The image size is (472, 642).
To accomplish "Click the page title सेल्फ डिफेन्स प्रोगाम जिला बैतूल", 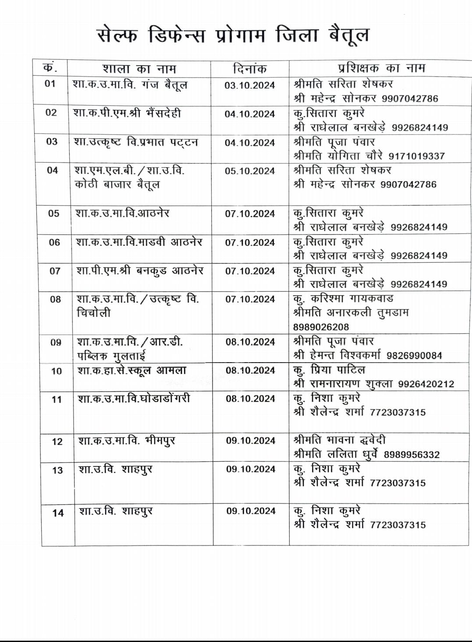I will point(232,35).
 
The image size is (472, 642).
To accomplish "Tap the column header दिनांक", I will point(249,69).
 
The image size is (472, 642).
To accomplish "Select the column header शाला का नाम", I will point(139,69).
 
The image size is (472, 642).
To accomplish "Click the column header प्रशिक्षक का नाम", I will point(381,68).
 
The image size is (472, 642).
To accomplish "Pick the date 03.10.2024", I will point(249,85).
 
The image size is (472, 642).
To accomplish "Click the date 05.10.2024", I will point(250,171).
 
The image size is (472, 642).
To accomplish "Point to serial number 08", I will point(55,300).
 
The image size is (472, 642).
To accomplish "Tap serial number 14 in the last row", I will point(58,513).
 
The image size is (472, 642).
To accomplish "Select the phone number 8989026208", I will point(321,327).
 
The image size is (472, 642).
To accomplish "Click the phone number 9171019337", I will point(416,156).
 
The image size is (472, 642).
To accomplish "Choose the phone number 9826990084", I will point(414,356).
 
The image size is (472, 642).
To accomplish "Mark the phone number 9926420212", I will point(426,384).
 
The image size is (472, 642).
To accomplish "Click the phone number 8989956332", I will point(412,455).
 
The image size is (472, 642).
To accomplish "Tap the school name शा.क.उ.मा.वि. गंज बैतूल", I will point(130,84).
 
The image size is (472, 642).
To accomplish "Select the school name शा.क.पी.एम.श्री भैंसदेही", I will point(127,113).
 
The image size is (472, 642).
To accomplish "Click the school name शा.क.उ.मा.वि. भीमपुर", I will point(127,441).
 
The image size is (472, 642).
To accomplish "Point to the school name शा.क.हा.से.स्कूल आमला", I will point(132,370).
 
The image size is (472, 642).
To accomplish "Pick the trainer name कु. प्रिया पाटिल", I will point(329,370).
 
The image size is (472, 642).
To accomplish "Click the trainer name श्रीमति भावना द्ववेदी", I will point(340,440).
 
